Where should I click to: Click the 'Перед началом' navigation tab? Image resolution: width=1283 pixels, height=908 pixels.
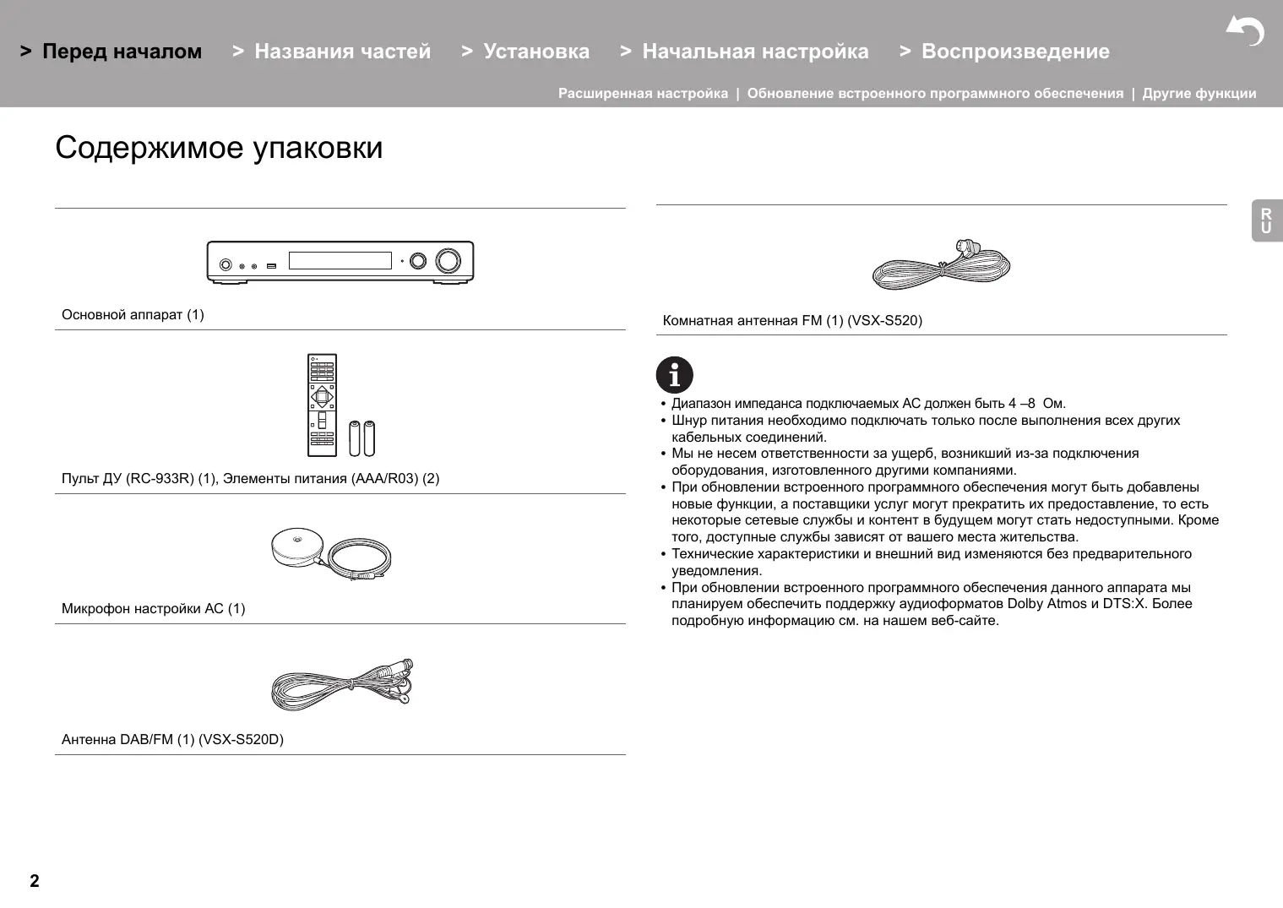click(x=122, y=52)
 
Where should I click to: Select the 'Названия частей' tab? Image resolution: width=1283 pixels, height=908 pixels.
click(x=342, y=52)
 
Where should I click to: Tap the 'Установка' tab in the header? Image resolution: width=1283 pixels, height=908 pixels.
click(x=536, y=52)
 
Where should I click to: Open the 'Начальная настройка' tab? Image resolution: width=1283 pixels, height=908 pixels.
click(x=755, y=52)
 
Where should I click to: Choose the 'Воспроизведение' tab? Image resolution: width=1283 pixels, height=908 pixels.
click(x=1015, y=52)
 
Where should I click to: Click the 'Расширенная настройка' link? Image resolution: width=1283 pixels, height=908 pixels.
click(x=643, y=94)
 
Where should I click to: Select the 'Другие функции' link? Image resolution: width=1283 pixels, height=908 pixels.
click(x=1199, y=94)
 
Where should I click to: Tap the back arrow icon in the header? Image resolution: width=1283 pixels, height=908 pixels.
click(x=1244, y=31)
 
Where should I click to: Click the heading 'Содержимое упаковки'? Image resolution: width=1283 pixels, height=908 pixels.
click(x=219, y=148)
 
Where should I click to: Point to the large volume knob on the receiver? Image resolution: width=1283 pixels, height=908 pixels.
click(x=449, y=260)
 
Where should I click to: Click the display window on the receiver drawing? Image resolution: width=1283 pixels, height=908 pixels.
click(x=340, y=260)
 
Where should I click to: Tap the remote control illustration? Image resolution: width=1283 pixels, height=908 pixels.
click(x=322, y=405)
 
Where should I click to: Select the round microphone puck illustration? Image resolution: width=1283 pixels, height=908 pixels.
click(x=296, y=546)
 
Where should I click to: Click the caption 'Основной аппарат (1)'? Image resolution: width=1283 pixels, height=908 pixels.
click(x=133, y=315)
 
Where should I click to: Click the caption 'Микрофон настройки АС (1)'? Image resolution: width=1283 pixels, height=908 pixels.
click(x=153, y=609)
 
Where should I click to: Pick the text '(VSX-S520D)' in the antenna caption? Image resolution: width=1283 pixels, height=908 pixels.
click(x=241, y=740)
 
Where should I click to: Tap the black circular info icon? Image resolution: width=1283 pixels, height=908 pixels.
click(x=674, y=375)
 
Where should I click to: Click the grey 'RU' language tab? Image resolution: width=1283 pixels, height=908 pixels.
click(x=1266, y=221)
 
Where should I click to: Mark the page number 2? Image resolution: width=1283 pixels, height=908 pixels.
click(x=35, y=881)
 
